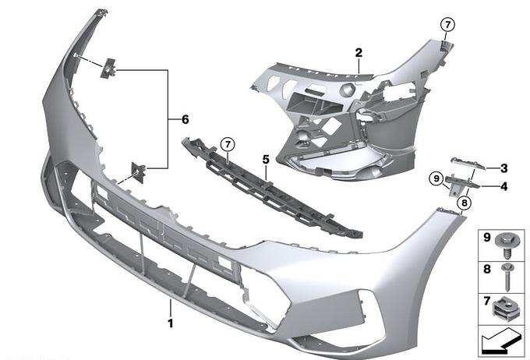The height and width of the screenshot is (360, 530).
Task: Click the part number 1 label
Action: [171, 323]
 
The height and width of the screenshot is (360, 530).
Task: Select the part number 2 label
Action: [359, 53]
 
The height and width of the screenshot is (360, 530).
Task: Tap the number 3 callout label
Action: [504, 168]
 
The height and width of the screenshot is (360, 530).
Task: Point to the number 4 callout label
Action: [504, 186]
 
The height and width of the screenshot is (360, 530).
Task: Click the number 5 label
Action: [266, 160]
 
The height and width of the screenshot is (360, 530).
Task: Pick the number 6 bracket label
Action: [185, 119]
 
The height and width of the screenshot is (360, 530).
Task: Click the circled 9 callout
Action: [436, 178]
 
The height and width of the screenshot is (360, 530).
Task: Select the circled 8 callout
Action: [464, 203]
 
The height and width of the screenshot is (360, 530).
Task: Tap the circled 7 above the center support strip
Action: [228, 145]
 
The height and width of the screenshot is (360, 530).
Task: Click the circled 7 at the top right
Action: [448, 25]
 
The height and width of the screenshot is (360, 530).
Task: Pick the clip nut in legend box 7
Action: [505, 309]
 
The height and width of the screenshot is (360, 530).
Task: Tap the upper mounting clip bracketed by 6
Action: [108, 69]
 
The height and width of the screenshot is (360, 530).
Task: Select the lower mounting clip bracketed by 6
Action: [139, 172]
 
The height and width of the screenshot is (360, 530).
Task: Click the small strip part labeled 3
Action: [468, 164]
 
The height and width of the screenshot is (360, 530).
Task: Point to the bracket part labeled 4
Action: [461, 185]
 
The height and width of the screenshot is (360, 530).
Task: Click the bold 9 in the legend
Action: [486, 238]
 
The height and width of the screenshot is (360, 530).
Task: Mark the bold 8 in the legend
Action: [486, 269]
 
